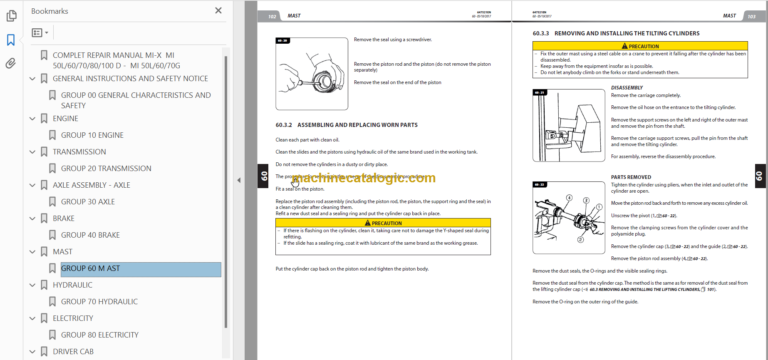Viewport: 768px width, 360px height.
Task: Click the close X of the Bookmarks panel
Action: point(219,11)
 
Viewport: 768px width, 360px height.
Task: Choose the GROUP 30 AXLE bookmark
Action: point(88,201)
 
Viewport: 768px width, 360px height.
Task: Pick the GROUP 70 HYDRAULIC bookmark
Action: point(99,301)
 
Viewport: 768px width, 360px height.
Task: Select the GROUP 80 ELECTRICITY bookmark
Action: point(99,335)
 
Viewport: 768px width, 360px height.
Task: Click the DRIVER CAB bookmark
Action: point(78,352)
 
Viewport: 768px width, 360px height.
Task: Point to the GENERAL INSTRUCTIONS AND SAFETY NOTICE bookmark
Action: point(129,78)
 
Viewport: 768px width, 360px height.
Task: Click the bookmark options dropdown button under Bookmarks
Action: point(40,32)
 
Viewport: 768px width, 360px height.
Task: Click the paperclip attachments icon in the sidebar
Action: point(11,63)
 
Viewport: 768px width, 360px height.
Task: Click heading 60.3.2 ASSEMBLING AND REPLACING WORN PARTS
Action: point(342,124)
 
